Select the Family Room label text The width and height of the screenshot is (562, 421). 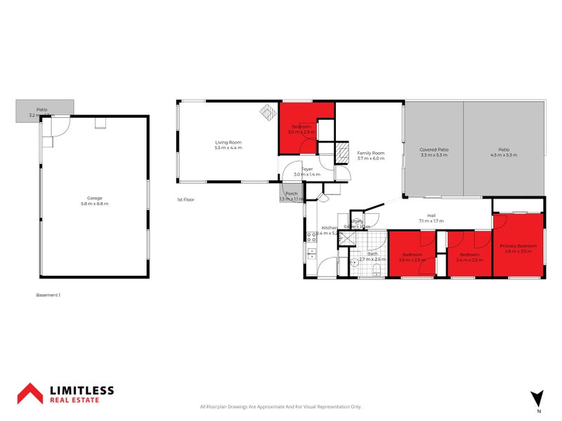[371, 153]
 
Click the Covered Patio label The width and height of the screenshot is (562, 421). [433, 149]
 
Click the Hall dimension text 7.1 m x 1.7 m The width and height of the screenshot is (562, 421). [431, 221]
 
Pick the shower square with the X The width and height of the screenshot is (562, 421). [345, 239]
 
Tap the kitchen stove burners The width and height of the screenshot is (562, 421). [310, 250]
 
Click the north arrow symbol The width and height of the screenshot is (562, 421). [538, 398]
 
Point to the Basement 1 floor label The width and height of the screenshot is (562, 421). [48, 295]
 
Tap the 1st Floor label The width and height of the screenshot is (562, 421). [185, 200]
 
